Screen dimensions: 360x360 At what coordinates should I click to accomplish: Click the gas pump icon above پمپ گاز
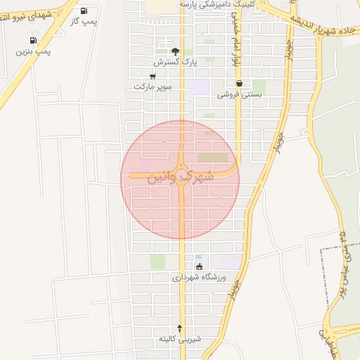(84, 11)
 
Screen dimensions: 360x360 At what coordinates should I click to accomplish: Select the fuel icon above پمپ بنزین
(33, 41)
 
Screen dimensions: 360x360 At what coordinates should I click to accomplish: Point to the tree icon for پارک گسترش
(176, 51)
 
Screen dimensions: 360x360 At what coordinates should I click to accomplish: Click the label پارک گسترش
(176, 63)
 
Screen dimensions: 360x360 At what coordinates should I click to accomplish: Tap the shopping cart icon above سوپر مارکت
(153, 76)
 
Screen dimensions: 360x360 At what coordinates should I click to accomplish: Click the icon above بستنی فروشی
(239, 83)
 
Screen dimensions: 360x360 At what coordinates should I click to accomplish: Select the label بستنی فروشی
(239, 94)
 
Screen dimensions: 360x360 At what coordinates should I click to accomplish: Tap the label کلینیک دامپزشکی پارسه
(207, 4)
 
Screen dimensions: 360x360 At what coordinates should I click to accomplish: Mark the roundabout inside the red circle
(182, 172)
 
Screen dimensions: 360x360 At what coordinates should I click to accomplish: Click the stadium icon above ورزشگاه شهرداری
(199, 266)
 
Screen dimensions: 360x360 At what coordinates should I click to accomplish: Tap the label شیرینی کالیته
(180, 339)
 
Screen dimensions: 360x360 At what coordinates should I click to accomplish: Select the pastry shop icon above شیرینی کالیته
(180, 328)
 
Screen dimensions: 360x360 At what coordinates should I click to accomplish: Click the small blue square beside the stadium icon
(198, 257)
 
